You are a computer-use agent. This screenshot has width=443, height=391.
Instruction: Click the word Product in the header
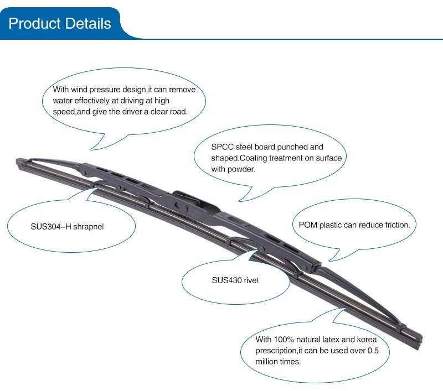click(34, 24)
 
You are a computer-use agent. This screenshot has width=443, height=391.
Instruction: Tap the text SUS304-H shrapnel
click(67, 227)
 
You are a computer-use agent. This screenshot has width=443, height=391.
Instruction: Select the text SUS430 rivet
click(235, 280)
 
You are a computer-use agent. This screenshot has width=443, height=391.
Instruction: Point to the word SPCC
click(221, 147)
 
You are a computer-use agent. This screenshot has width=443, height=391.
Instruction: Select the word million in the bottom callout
click(268, 361)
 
